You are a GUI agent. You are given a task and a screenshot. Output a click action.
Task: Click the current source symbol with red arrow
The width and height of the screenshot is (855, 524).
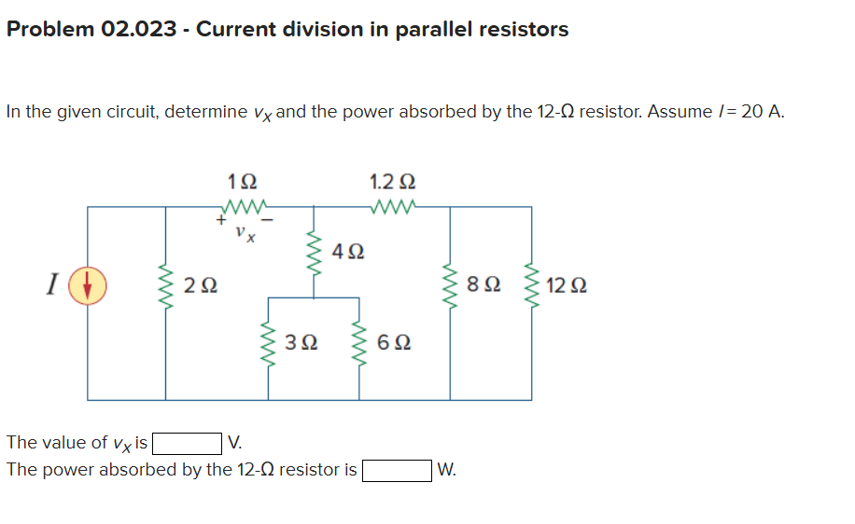pyautogui.click(x=89, y=285)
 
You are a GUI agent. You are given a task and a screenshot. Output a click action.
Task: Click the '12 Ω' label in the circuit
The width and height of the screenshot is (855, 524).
pyautogui.click(x=568, y=285)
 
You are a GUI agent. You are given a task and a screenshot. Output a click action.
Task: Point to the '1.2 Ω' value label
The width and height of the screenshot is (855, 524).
pyautogui.click(x=393, y=181)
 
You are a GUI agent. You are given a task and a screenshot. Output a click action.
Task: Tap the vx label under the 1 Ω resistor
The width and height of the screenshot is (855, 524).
pyautogui.click(x=245, y=230)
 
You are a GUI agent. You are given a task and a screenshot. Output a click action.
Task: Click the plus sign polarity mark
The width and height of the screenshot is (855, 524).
pyautogui.click(x=220, y=222)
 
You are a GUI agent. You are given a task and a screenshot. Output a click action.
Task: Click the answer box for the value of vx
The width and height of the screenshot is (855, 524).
pyautogui.click(x=188, y=443)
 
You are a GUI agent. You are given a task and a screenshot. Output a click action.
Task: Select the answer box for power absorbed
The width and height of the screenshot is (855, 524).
pyautogui.click(x=397, y=470)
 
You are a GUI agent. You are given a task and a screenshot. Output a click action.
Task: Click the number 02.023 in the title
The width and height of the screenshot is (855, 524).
pyautogui.click(x=138, y=29)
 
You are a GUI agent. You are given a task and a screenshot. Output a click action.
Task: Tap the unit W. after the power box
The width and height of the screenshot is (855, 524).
pyautogui.click(x=446, y=470)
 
